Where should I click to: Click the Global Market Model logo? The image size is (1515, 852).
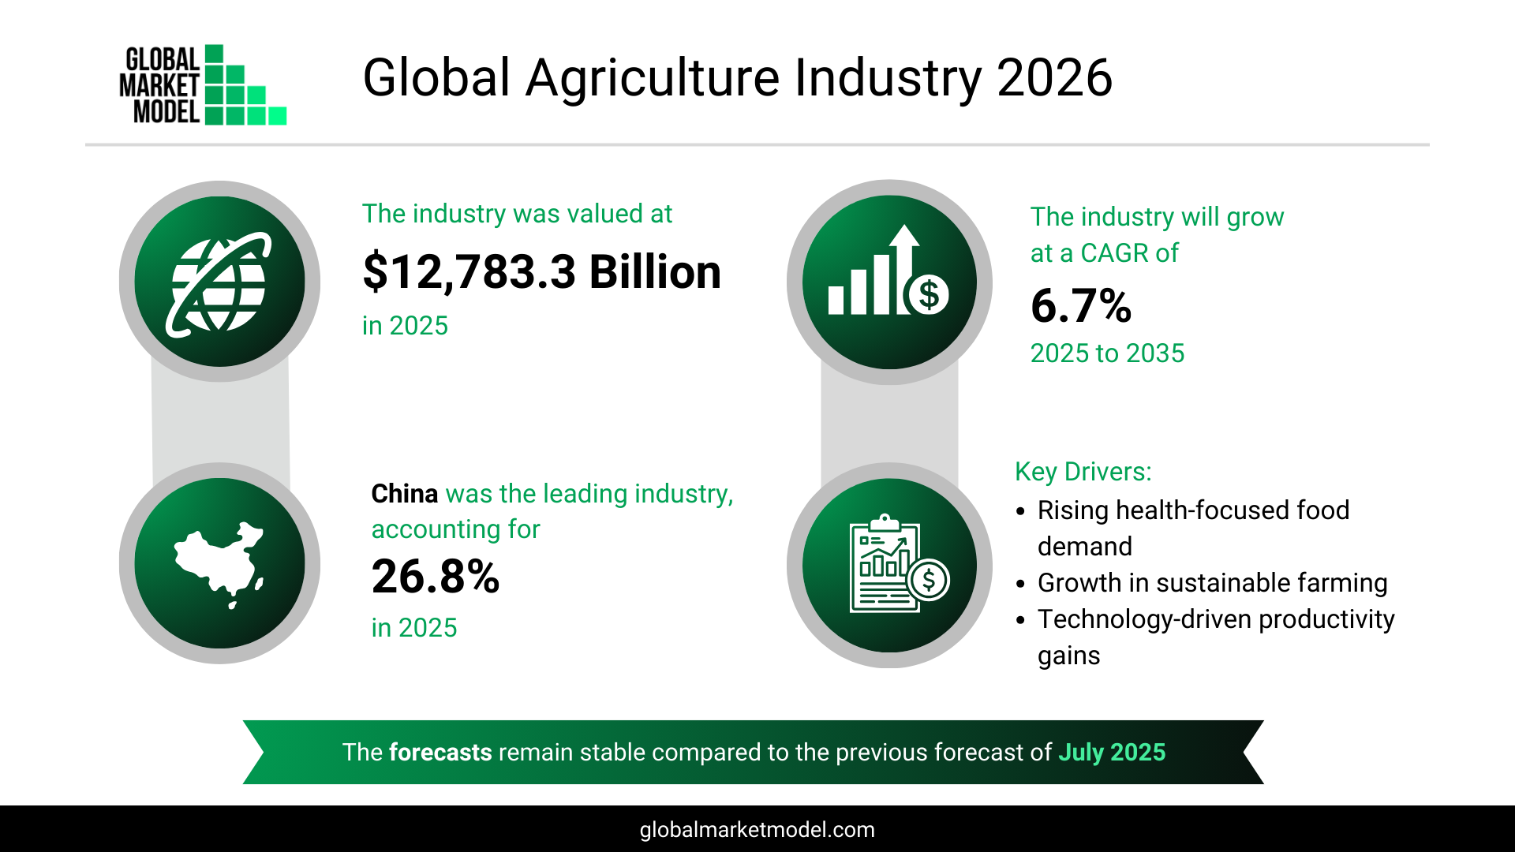click(x=202, y=85)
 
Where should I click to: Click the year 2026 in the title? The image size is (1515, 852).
click(x=1054, y=78)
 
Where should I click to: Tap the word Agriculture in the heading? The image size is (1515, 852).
click(x=653, y=78)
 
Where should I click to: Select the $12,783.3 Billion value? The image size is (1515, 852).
click(x=541, y=272)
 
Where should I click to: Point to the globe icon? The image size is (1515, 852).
click(x=219, y=282)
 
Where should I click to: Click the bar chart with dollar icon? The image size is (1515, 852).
click(x=888, y=282)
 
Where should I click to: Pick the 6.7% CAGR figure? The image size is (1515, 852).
click(x=1081, y=306)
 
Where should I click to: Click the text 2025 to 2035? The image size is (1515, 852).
click(x=1107, y=353)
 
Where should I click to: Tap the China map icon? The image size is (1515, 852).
click(x=219, y=563)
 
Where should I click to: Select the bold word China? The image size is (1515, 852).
click(x=404, y=494)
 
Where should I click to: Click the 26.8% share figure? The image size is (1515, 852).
click(x=436, y=577)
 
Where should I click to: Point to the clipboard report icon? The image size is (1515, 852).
click(x=890, y=565)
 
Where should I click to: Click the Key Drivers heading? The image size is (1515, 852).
click(x=1083, y=472)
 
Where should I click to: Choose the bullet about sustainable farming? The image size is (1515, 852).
click(x=1211, y=583)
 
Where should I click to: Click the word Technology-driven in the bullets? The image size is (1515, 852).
click(x=1144, y=619)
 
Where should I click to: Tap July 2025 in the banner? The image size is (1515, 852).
click(x=1111, y=753)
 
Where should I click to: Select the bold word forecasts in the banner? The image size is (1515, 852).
click(x=440, y=753)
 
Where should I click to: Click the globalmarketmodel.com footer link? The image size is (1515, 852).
click(x=757, y=830)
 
